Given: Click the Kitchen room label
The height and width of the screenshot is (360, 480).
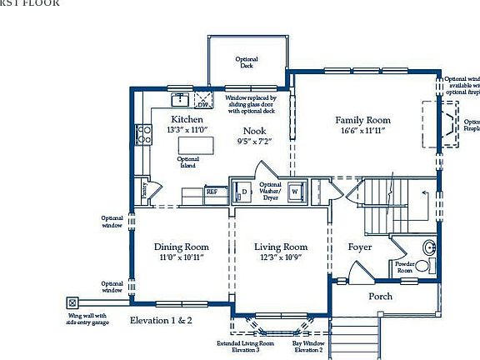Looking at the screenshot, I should (187, 119).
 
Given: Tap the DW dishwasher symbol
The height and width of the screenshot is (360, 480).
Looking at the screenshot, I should (202, 103).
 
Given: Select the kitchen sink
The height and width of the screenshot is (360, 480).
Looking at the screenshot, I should (180, 100).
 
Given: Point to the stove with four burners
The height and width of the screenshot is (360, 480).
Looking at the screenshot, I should (144, 134).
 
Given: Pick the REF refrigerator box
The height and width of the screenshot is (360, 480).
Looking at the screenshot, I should (212, 192).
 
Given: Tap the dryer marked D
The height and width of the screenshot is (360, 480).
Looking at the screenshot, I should (242, 192).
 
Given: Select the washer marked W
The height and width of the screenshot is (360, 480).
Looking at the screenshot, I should (295, 192).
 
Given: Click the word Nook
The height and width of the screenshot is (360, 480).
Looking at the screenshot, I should (255, 131).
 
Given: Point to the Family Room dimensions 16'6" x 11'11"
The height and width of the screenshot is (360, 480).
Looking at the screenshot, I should (362, 131).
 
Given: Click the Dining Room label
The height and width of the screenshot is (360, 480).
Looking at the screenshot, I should (181, 247).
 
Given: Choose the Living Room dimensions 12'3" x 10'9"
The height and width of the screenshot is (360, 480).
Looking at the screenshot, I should (281, 257).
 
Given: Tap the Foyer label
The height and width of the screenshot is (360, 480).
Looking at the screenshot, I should (360, 247).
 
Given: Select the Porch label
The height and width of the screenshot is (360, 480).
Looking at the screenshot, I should (380, 297).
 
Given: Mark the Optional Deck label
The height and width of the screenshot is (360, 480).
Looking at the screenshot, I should (247, 62).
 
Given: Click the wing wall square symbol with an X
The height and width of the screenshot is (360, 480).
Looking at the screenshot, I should (72, 303).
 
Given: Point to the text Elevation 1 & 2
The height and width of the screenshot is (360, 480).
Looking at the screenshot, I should (161, 320).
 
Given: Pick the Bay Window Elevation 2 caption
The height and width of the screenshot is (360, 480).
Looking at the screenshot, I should (307, 347).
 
